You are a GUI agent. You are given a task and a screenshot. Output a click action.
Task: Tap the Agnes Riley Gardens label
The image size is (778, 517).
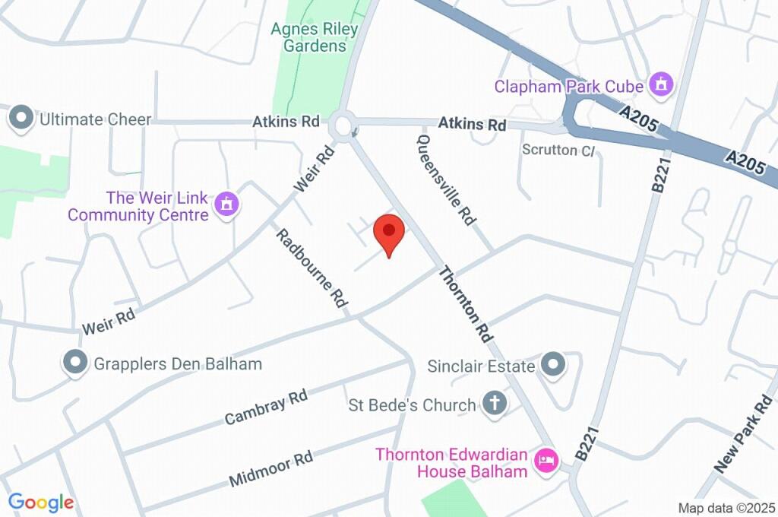coord(315,37)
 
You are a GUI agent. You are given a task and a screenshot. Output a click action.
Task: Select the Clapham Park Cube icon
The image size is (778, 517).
coord(661,84)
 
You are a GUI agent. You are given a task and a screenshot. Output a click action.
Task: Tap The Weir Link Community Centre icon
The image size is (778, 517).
coord(226,204)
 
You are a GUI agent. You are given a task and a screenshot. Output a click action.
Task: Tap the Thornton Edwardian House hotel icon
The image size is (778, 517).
coord(546,460)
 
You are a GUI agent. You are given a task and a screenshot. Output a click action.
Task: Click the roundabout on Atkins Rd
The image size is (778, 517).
coord(343,125)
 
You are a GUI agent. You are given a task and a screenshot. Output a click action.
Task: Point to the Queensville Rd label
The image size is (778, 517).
coord(446,179)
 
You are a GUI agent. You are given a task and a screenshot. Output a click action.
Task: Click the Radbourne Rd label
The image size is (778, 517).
coord(311,268)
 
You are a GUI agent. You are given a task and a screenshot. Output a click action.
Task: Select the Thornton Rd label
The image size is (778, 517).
coord(466,303)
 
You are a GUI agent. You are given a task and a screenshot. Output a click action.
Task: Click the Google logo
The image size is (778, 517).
coord(41,503)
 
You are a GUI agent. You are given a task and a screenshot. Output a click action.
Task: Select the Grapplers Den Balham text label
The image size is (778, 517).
coord(178,363)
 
